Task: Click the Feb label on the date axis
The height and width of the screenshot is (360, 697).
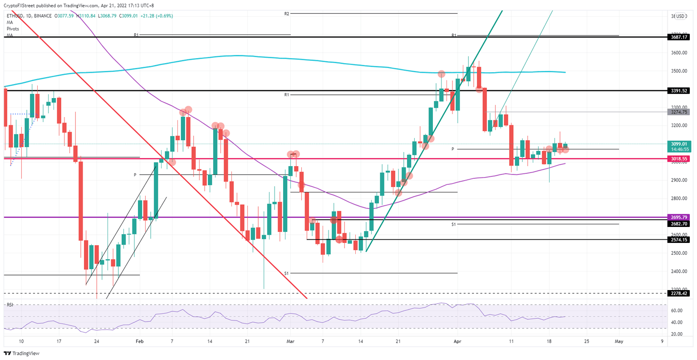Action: [140, 341]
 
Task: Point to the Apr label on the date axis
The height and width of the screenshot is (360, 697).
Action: [457, 341]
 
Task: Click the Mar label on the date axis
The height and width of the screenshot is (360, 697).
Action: [290, 341]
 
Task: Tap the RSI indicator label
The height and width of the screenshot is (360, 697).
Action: [10, 305]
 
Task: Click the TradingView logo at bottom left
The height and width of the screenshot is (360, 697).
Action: [22, 353]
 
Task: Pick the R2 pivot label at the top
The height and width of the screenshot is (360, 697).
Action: [287, 14]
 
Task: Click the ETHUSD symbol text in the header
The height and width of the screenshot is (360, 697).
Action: [15, 16]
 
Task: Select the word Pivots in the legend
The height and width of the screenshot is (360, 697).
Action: [13, 29]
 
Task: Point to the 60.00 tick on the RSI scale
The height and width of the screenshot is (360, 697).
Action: [677, 311]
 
